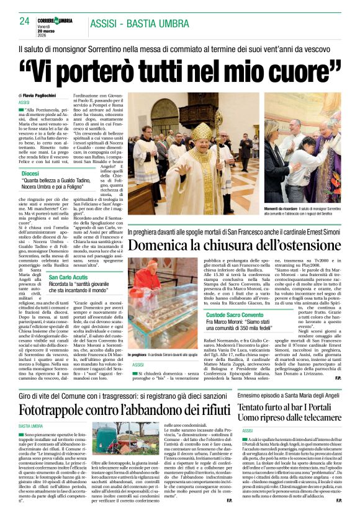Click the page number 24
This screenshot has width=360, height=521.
tap(25, 21)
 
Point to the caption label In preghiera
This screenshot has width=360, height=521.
tap(142, 355)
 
